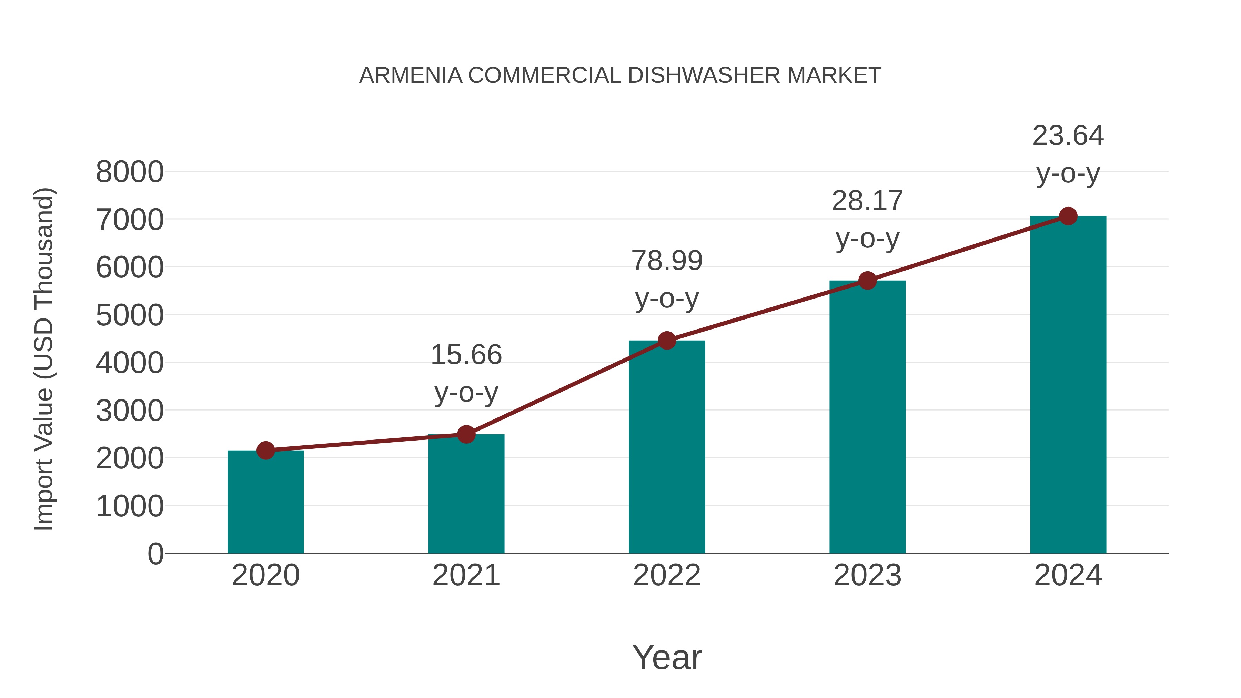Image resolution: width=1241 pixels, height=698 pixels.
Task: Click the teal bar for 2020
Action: [265, 503]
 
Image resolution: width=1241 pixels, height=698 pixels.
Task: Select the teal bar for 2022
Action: [667, 448]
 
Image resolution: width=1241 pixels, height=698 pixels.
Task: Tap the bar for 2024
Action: [1068, 385]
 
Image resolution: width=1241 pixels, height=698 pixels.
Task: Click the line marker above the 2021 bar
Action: [466, 435]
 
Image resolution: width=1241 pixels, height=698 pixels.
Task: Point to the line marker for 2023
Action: [867, 280]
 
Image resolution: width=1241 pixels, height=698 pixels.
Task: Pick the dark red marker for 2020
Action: [265, 451]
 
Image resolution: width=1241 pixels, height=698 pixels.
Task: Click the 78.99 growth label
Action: [667, 261]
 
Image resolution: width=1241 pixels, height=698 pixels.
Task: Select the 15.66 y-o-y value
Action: [466, 355]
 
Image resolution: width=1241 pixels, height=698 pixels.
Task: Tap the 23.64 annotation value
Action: [1068, 136]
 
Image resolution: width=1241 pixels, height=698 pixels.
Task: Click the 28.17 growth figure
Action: [867, 201]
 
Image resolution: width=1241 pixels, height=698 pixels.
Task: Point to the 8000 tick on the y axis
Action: [130, 172]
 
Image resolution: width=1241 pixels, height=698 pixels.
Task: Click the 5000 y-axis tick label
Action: [130, 315]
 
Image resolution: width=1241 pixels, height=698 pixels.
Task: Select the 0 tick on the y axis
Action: [155, 554]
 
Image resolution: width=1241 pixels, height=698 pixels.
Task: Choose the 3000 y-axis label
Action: [130, 411]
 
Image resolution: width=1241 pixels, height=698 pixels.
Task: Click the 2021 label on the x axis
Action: [466, 575]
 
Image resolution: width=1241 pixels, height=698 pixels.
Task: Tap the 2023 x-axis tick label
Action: [867, 575]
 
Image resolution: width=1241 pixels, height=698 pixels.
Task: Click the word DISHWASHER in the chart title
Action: [704, 75]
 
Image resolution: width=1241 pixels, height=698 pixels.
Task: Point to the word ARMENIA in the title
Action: [411, 75]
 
